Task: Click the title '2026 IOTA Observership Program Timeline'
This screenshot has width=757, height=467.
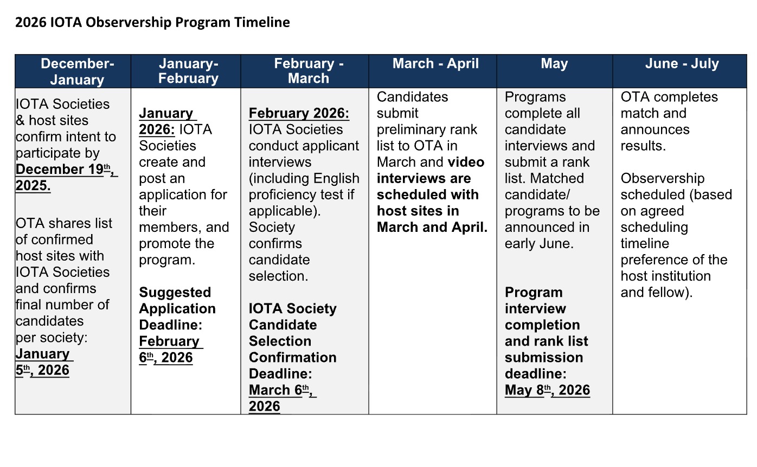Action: pyautogui.click(x=152, y=22)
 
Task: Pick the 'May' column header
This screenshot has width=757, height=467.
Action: pyautogui.click(x=554, y=64)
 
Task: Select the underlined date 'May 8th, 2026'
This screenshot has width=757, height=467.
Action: pyautogui.click(x=547, y=390)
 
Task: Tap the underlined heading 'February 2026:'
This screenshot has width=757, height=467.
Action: pyautogui.click(x=299, y=114)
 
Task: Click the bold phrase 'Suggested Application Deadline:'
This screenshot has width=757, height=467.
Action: pyautogui.click(x=177, y=309)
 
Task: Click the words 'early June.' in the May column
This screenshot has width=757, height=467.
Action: pyautogui.click(x=538, y=244)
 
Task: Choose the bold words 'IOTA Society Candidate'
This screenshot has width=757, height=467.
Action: pyautogui.click(x=292, y=316)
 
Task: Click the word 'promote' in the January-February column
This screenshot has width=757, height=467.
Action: pyautogui.click(x=169, y=244)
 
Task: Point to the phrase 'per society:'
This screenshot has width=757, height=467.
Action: pyautogui.click(x=52, y=338)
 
